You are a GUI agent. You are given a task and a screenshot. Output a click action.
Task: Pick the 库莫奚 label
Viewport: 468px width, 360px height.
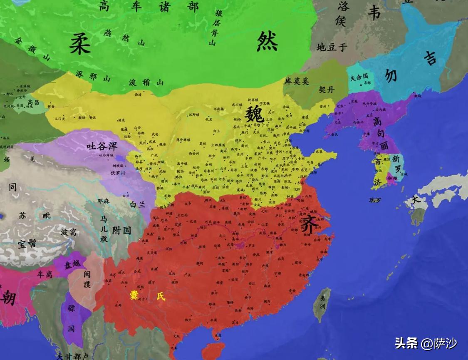(x=297, y=81)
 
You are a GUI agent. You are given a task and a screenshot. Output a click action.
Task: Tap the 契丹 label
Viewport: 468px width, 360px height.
(x=327, y=89)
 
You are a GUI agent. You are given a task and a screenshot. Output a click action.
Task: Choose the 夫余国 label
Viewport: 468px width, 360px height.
(x=359, y=77)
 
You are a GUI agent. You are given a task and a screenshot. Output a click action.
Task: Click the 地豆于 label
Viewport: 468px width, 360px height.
(x=331, y=47)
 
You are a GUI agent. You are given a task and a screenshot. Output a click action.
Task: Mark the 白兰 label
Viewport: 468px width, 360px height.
(x=138, y=205)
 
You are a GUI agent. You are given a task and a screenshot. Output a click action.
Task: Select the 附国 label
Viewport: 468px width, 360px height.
(x=121, y=230)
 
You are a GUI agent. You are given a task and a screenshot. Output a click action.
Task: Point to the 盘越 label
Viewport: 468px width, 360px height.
(x=73, y=265)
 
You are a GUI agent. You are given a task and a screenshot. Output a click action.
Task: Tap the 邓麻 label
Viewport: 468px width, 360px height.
(x=104, y=200)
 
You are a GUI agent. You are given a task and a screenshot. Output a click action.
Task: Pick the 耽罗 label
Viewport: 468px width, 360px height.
(x=375, y=200)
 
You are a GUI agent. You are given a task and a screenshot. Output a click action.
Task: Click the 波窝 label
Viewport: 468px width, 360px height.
(x=68, y=232)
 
